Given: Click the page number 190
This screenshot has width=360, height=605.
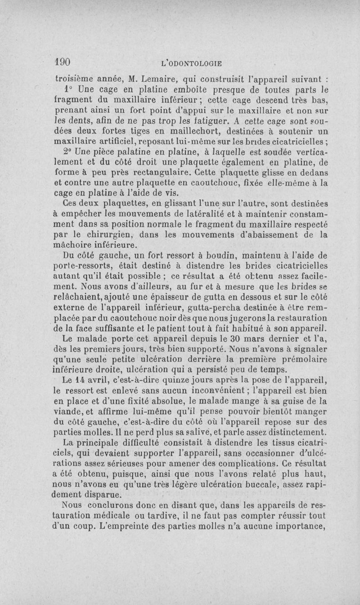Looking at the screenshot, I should coord(64,61).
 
